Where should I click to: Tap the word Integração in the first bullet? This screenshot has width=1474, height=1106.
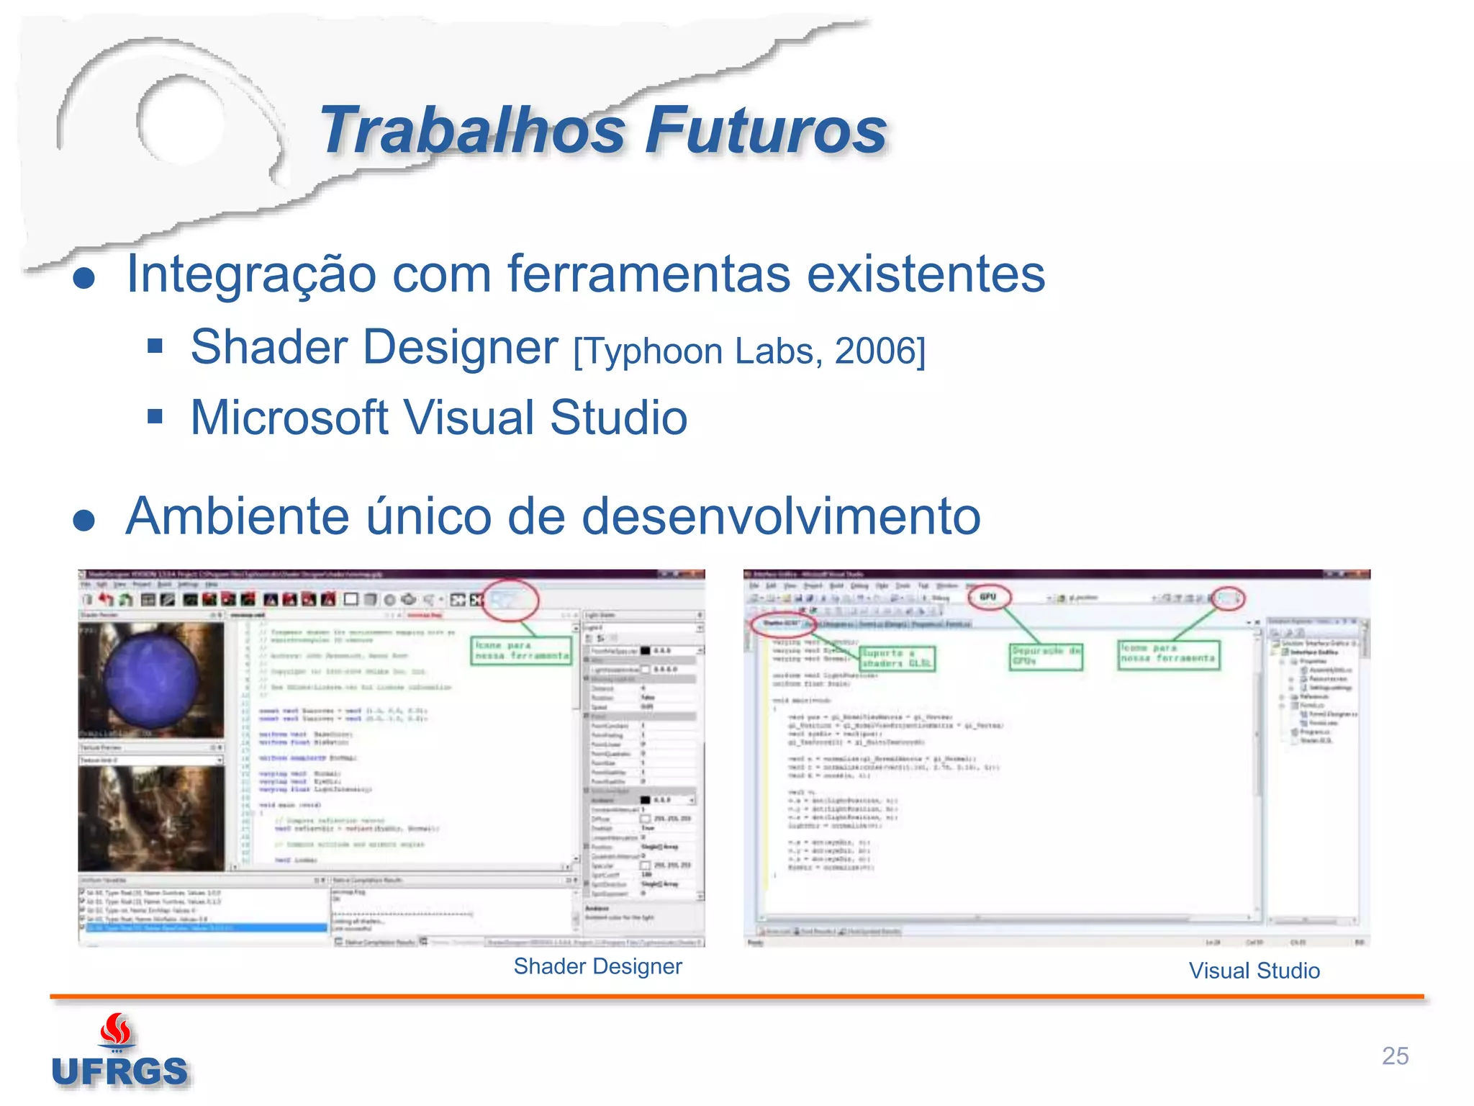pyautogui.click(x=251, y=275)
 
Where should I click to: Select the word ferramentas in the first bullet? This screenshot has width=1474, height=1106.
pyautogui.click(x=648, y=275)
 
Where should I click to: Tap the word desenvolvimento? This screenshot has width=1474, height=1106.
pyautogui.click(x=780, y=516)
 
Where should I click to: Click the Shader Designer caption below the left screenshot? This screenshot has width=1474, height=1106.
pyautogui.click(x=597, y=966)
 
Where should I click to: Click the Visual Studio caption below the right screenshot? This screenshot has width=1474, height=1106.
pyautogui.click(x=1254, y=971)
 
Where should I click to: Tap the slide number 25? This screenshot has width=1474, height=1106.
pyautogui.click(x=1395, y=1056)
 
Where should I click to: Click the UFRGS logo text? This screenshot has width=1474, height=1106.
pyautogui.click(x=119, y=1071)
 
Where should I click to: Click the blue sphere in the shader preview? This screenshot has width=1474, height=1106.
pyautogui.click(x=150, y=680)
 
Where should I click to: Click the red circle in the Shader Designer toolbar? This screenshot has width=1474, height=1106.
pyautogui.click(x=510, y=600)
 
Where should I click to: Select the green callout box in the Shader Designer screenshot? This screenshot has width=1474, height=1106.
pyautogui.click(x=520, y=651)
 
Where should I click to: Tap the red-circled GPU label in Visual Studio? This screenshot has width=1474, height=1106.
pyautogui.click(x=987, y=597)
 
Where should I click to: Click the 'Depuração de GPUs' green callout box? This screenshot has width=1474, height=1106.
pyautogui.click(x=1045, y=656)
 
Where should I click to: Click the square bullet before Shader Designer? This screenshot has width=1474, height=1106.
pyautogui.click(x=155, y=347)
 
